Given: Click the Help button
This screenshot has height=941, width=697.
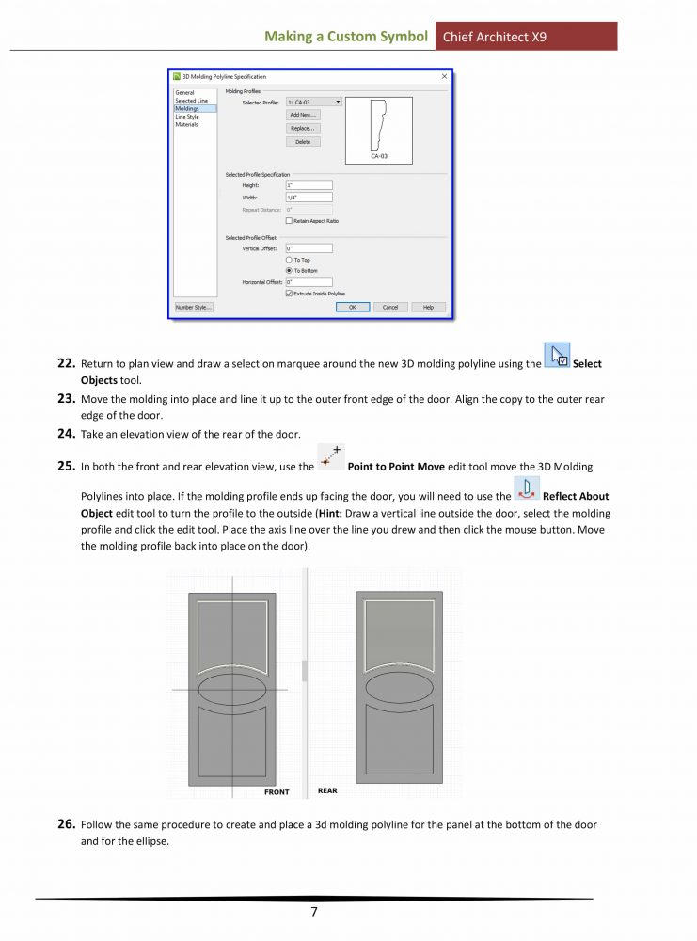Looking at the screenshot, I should click(428, 307).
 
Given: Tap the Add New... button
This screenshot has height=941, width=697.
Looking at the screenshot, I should click(303, 114).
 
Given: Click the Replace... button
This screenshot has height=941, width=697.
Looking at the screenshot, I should click(303, 128).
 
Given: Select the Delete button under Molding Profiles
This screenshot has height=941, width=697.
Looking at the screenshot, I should click(303, 142).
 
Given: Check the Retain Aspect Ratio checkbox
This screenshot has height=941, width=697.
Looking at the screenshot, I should click(289, 220).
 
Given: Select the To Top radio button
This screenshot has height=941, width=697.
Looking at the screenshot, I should click(289, 260).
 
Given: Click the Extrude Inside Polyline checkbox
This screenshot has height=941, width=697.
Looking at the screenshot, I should click(289, 294).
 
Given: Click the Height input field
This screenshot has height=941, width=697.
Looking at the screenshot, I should click(309, 185).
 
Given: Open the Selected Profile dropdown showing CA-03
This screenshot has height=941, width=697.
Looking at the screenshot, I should click(314, 102).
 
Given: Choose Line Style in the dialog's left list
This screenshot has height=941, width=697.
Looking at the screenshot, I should click(187, 117).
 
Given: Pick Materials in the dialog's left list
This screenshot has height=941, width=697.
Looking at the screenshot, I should click(186, 124).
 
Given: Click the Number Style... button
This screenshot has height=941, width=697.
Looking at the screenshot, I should click(194, 307).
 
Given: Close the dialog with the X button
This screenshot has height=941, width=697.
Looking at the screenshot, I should click(444, 76).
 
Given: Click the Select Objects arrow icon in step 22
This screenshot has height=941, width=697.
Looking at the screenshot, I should click(557, 356).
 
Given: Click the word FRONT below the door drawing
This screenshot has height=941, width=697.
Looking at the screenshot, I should click(277, 792).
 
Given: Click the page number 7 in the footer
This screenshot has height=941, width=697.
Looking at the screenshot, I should click(315, 911).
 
